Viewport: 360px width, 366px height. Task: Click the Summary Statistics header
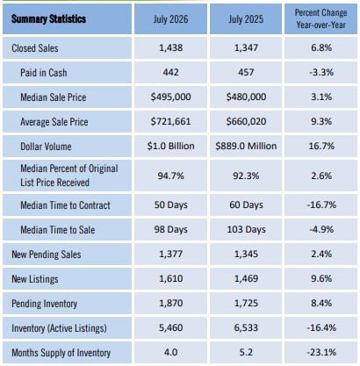(x=48, y=19)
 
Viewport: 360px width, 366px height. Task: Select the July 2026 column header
(x=170, y=19)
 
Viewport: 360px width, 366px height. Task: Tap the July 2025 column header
(x=246, y=19)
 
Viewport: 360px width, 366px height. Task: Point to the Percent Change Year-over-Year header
(x=321, y=18)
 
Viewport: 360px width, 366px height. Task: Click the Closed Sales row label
(x=35, y=48)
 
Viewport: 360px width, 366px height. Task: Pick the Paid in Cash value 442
(x=170, y=72)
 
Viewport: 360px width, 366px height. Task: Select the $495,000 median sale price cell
(x=170, y=97)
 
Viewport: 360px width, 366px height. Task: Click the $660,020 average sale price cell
(x=246, y=121)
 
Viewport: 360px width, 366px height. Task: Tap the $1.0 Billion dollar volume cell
(x=170, y=146)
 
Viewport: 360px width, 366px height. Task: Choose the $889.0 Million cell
(x=246, y=146)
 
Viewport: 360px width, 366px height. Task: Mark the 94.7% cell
(x=170, y=176)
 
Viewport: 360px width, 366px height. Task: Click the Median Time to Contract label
(x=65, y=205)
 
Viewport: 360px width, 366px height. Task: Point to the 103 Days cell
(x=246, y=229)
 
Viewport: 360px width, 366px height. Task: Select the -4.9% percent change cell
(x=321, y=229)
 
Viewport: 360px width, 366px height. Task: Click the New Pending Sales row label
(x=47, y=255)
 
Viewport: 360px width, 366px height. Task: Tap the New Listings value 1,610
(x=170, y=278)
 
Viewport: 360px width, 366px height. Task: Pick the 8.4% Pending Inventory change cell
(x=321, y=303)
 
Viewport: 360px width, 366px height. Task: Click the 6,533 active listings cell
(x=246, y=327)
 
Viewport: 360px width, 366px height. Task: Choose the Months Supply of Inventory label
(x=61, y=353)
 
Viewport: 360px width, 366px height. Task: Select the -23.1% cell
(x=321, y=352)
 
